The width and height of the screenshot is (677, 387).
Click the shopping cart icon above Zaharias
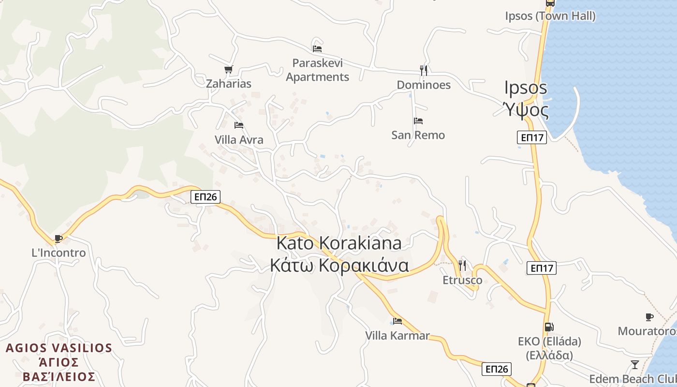(x=228, y=69)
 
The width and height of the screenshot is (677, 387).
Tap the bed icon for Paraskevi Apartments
(x=317, y=48)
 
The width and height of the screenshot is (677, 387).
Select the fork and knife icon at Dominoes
(x=424, y=71)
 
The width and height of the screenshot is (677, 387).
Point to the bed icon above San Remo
(x=418, y=121)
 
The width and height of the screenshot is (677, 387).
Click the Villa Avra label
(x=239, y=140)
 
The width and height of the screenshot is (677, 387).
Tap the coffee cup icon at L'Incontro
(x=59, y=238)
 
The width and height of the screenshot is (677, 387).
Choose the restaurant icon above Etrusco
(x=462, y=266)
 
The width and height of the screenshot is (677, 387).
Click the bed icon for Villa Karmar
(x=397, y=321)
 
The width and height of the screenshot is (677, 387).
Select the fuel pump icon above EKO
(x=549, y=327)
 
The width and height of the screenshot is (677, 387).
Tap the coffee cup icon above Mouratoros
(x=649, y=317)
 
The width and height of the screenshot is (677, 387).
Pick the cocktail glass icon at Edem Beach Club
(x=635, y=364)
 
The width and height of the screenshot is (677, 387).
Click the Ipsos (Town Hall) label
(x=550, y=16)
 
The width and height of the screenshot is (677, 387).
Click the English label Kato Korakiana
(x=338, y=243)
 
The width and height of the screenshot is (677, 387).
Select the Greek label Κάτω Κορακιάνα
(x=339, y=266)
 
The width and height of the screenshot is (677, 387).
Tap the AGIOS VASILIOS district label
(x=59, y=348)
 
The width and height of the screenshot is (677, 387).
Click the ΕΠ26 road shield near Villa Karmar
(x=497, y=369)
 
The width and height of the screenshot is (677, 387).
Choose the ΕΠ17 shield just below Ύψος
(x=532, y=137)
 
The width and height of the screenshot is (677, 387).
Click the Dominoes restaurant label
(x=424, y=85)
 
